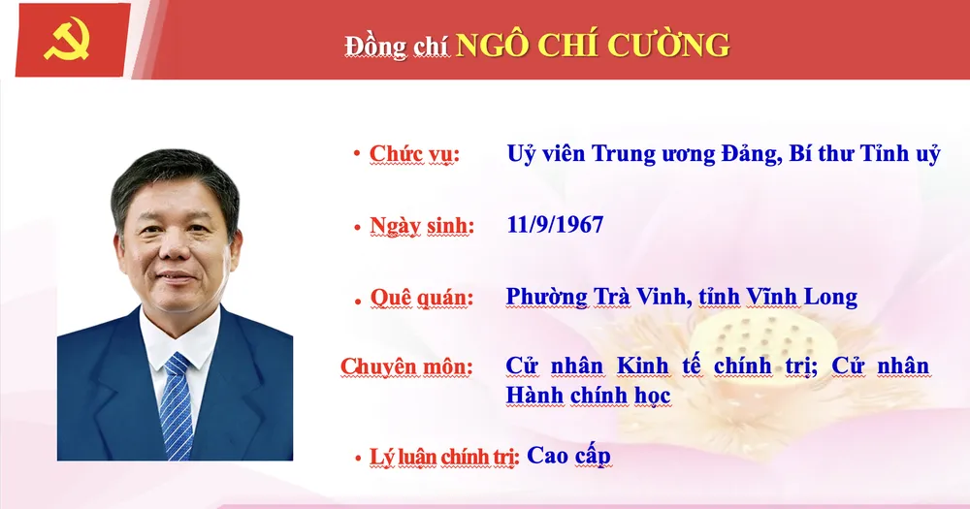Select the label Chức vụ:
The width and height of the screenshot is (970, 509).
click(x=414, y=154)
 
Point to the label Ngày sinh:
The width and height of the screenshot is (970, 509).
click(x=422, y=226)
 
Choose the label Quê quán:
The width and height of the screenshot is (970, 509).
click(x=422, y=297)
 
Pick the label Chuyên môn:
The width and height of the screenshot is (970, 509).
click(x=406, y=367)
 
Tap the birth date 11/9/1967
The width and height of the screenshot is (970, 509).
click(x=555, y=225)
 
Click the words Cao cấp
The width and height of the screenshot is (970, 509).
click(x=569, y=454)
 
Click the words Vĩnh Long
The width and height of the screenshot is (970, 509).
click(x=809, y=297)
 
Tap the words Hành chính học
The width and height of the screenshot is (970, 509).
click(x=588, y=397)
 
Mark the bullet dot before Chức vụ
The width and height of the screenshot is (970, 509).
click(x=358, y=153)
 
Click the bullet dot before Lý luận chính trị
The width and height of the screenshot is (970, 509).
click(x=358, y=455)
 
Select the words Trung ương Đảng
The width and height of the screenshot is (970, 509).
click(x=694, y=153)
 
